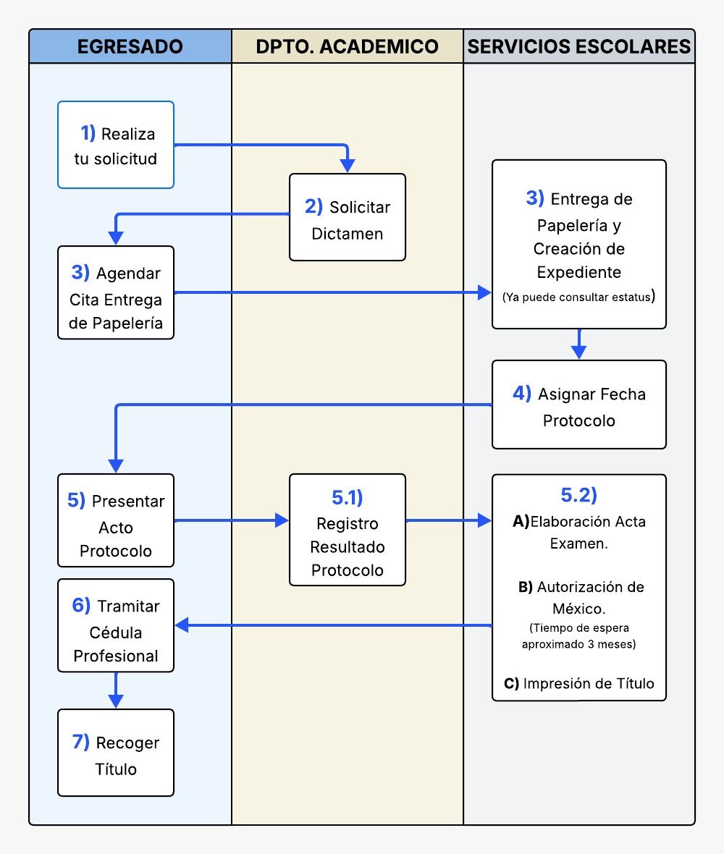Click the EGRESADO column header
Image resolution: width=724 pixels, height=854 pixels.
(x=130, y=46)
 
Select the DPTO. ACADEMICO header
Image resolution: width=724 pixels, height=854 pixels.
(x=348, y=46)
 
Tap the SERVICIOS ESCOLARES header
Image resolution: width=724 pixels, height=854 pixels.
(x=579, y=46)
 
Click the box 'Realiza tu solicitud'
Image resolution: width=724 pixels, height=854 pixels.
(x=116, y=145)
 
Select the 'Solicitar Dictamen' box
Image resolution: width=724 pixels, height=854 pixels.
(x=348, y=217)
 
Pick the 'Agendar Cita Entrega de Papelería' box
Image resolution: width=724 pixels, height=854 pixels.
(x=116, y=292)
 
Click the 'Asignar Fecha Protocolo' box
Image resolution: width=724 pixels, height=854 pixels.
(x=579, y=405)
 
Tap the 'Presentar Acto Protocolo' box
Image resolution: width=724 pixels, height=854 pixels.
(x=116, y=520)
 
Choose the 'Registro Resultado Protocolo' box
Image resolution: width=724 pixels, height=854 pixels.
(x=348, y=530)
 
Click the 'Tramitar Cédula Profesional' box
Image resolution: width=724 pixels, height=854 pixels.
(x=116, y=625)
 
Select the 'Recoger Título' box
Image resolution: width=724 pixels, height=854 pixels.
(x=116, y=753)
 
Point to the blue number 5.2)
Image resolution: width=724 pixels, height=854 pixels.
(x=578, y=495)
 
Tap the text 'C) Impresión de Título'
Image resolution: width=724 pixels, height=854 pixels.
(x=578, y=683)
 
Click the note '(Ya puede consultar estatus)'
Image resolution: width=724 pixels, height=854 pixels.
(x=578, y=297)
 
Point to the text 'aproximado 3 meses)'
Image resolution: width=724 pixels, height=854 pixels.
(x=578, y=644)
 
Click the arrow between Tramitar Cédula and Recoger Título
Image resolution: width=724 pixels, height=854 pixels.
(x=116, y=690)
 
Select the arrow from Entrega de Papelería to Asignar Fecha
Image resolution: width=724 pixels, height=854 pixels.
(x=578, y=344)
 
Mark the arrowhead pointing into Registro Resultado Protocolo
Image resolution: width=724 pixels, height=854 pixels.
(x=282, y=520)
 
